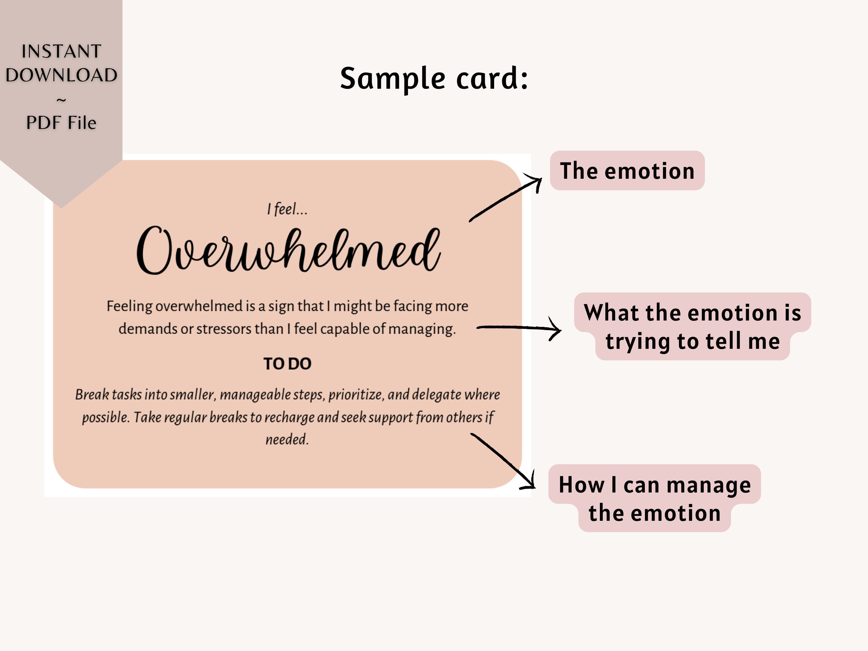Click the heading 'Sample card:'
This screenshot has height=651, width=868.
coord(434,78)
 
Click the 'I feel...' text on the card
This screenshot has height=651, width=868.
coord(287,209)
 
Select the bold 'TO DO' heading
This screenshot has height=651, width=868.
coord(287,364)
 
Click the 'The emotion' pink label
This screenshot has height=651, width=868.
coord(627,171)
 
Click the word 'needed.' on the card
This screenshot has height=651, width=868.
coord(287,439)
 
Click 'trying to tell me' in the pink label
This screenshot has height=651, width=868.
coord(692,341)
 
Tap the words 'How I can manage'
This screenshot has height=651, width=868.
coord(655,485)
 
